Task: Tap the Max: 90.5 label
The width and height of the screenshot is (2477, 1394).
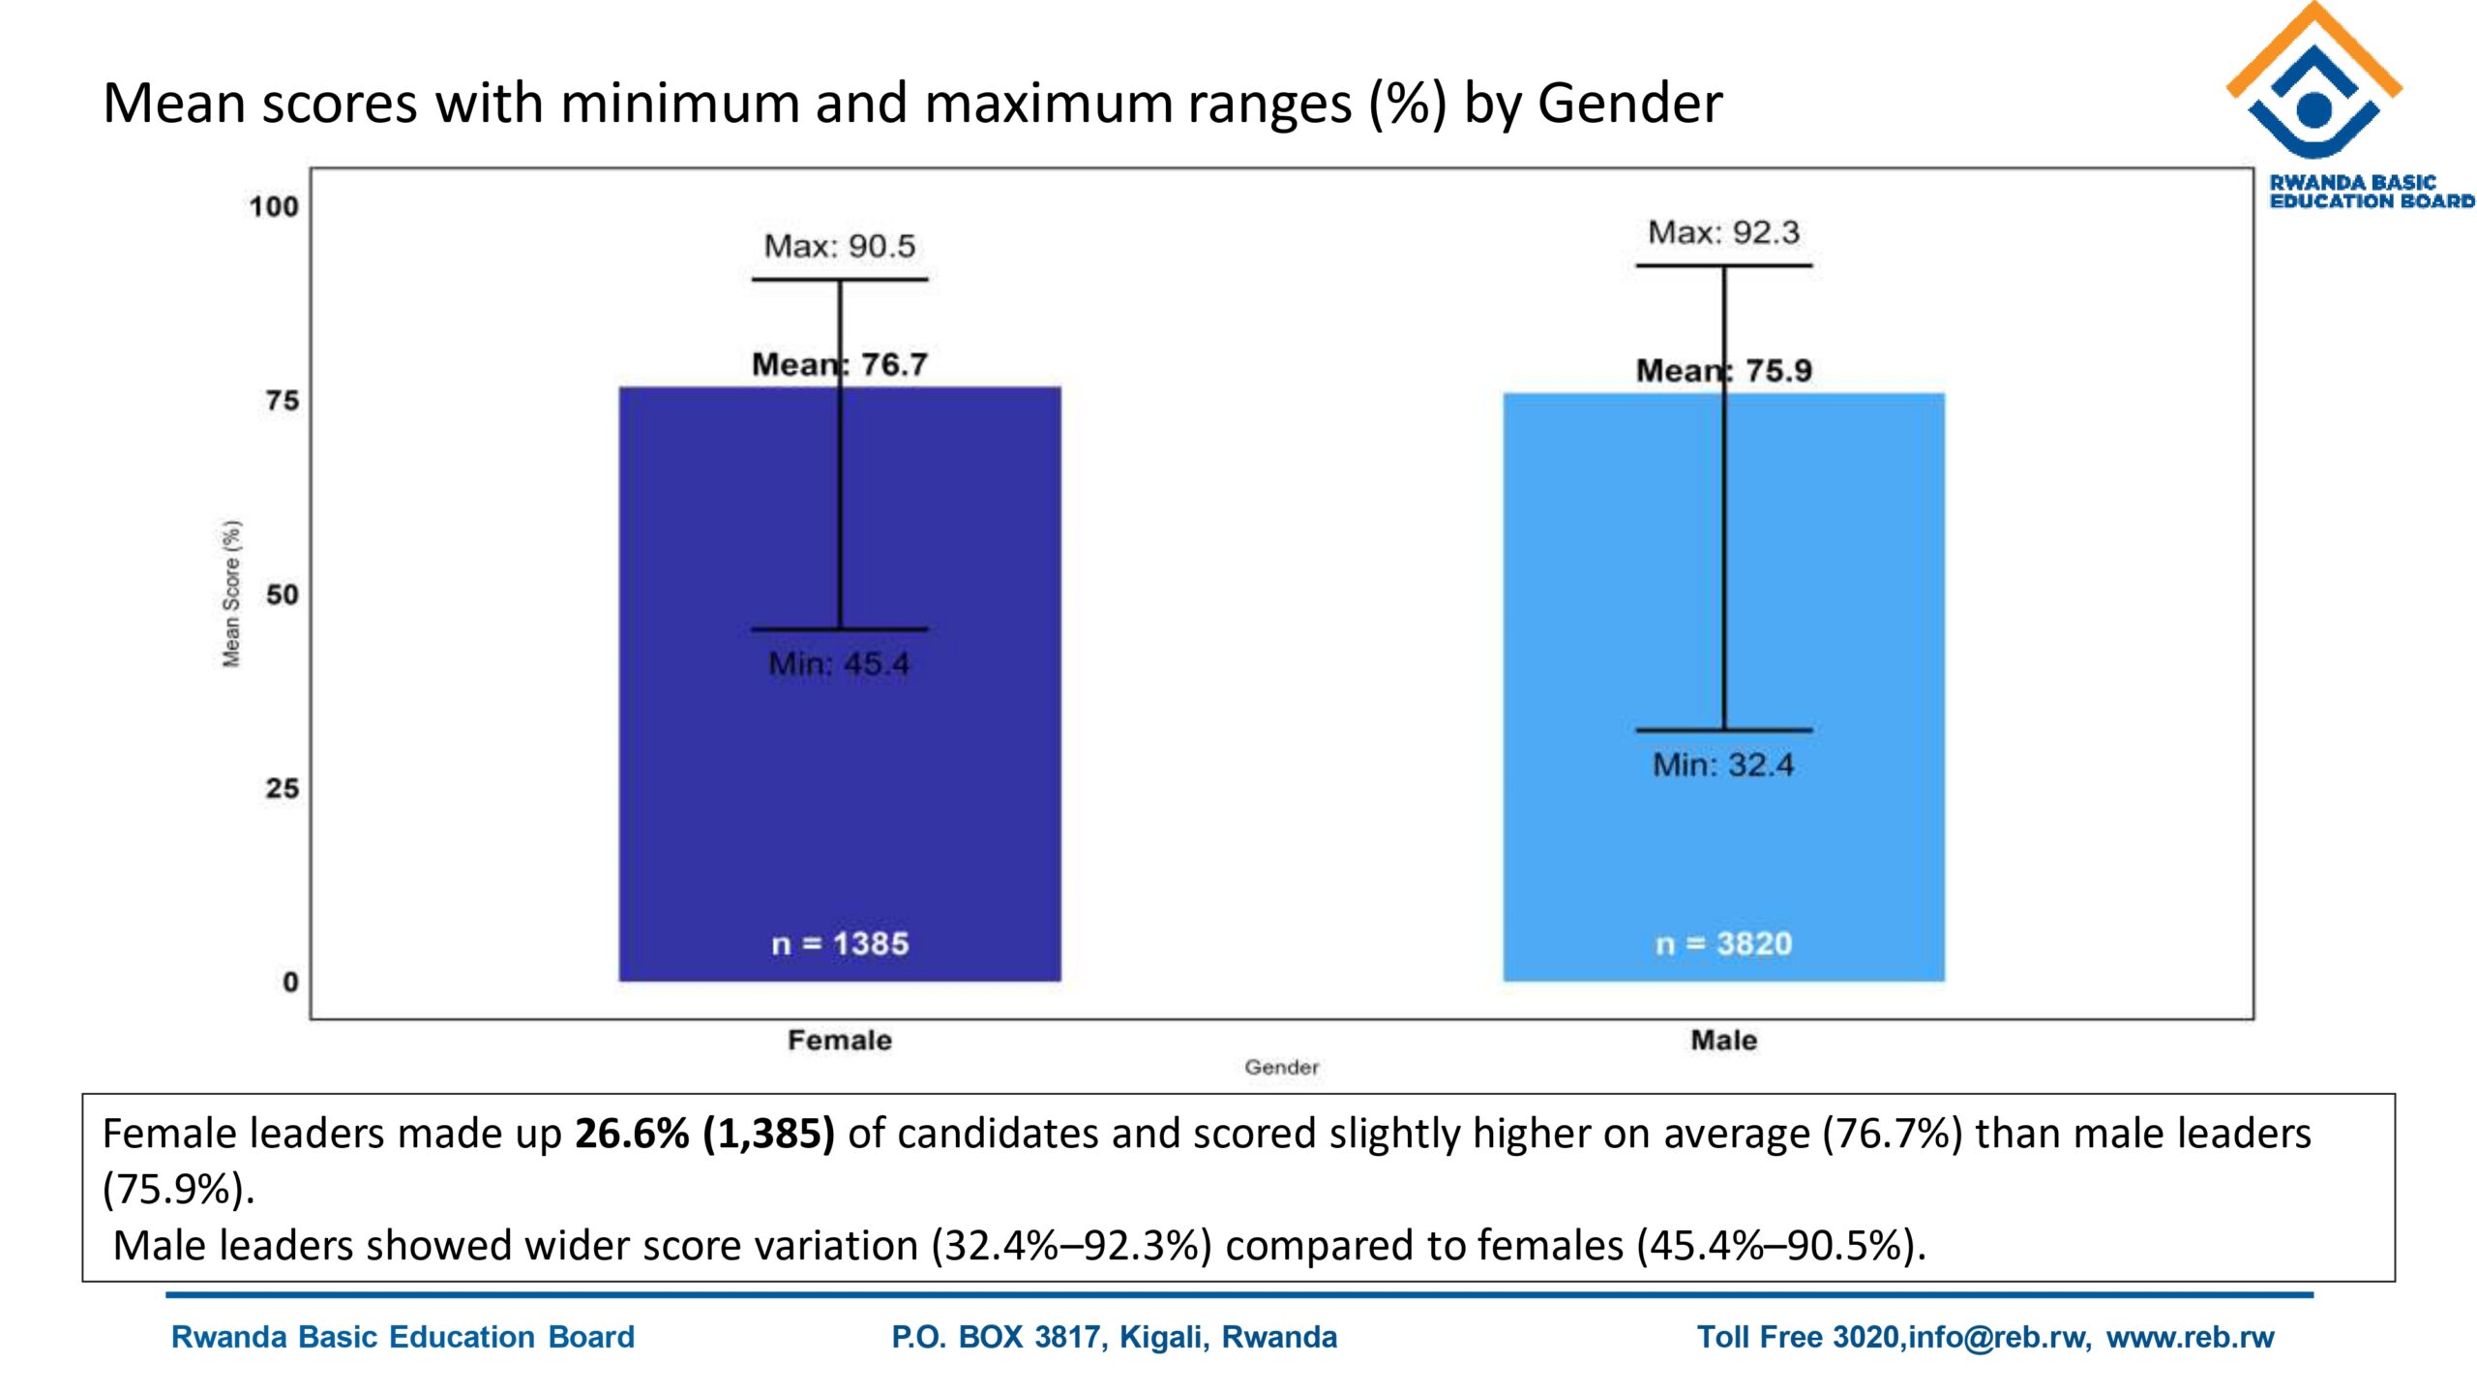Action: [839, 246]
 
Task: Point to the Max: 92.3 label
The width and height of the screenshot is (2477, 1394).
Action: [1723, 232]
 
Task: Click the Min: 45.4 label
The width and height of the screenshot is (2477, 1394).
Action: [839, 664]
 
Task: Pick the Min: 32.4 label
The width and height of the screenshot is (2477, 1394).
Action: [1723, 765]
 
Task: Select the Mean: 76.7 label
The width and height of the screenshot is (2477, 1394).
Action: [839, 365]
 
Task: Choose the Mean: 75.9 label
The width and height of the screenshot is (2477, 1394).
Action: [1723, 371]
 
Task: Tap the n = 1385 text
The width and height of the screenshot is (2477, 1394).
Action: [840, 944]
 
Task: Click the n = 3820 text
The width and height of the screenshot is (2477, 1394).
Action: [1723, 944]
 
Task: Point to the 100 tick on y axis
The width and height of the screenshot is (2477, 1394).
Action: [274, 206]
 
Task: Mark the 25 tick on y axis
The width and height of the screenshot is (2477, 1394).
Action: [282, 788]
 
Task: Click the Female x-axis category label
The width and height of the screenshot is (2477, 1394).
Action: [839, 1040]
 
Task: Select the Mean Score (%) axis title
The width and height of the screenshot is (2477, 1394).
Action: [231, 593]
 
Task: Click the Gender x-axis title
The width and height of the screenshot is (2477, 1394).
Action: [1281, 1067]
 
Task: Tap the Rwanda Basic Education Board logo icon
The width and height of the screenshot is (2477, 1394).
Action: [2313, 82]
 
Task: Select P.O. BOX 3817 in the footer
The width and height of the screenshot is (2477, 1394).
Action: [997, 1337]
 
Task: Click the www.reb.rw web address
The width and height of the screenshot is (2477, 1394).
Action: [2190, 1337]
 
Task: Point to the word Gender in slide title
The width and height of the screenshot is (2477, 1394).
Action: [1629, 103]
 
